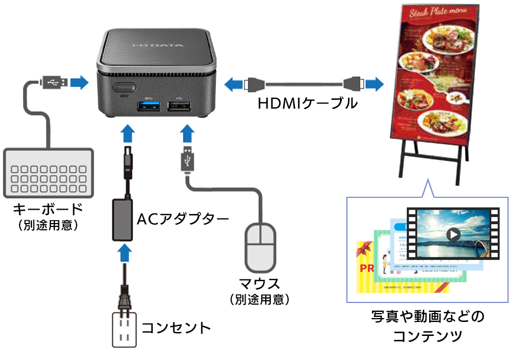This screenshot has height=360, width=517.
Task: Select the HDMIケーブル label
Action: point(307,103)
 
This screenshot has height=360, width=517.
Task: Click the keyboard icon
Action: point(48,172)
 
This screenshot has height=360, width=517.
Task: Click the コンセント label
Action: point(176,328)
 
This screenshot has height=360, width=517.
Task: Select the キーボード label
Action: point(48,209)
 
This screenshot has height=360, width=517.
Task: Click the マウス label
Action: point(259,283)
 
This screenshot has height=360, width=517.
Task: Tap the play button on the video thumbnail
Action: point(453,234)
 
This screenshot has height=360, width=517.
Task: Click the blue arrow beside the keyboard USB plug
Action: point(79,83)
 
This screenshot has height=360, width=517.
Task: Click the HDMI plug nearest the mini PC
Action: point(253,85)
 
